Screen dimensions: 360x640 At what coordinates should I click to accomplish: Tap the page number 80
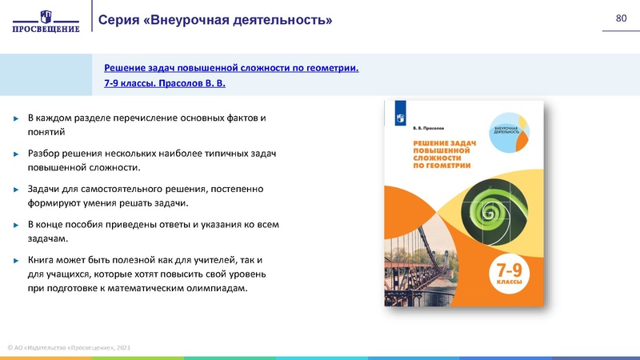click(620, 18)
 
